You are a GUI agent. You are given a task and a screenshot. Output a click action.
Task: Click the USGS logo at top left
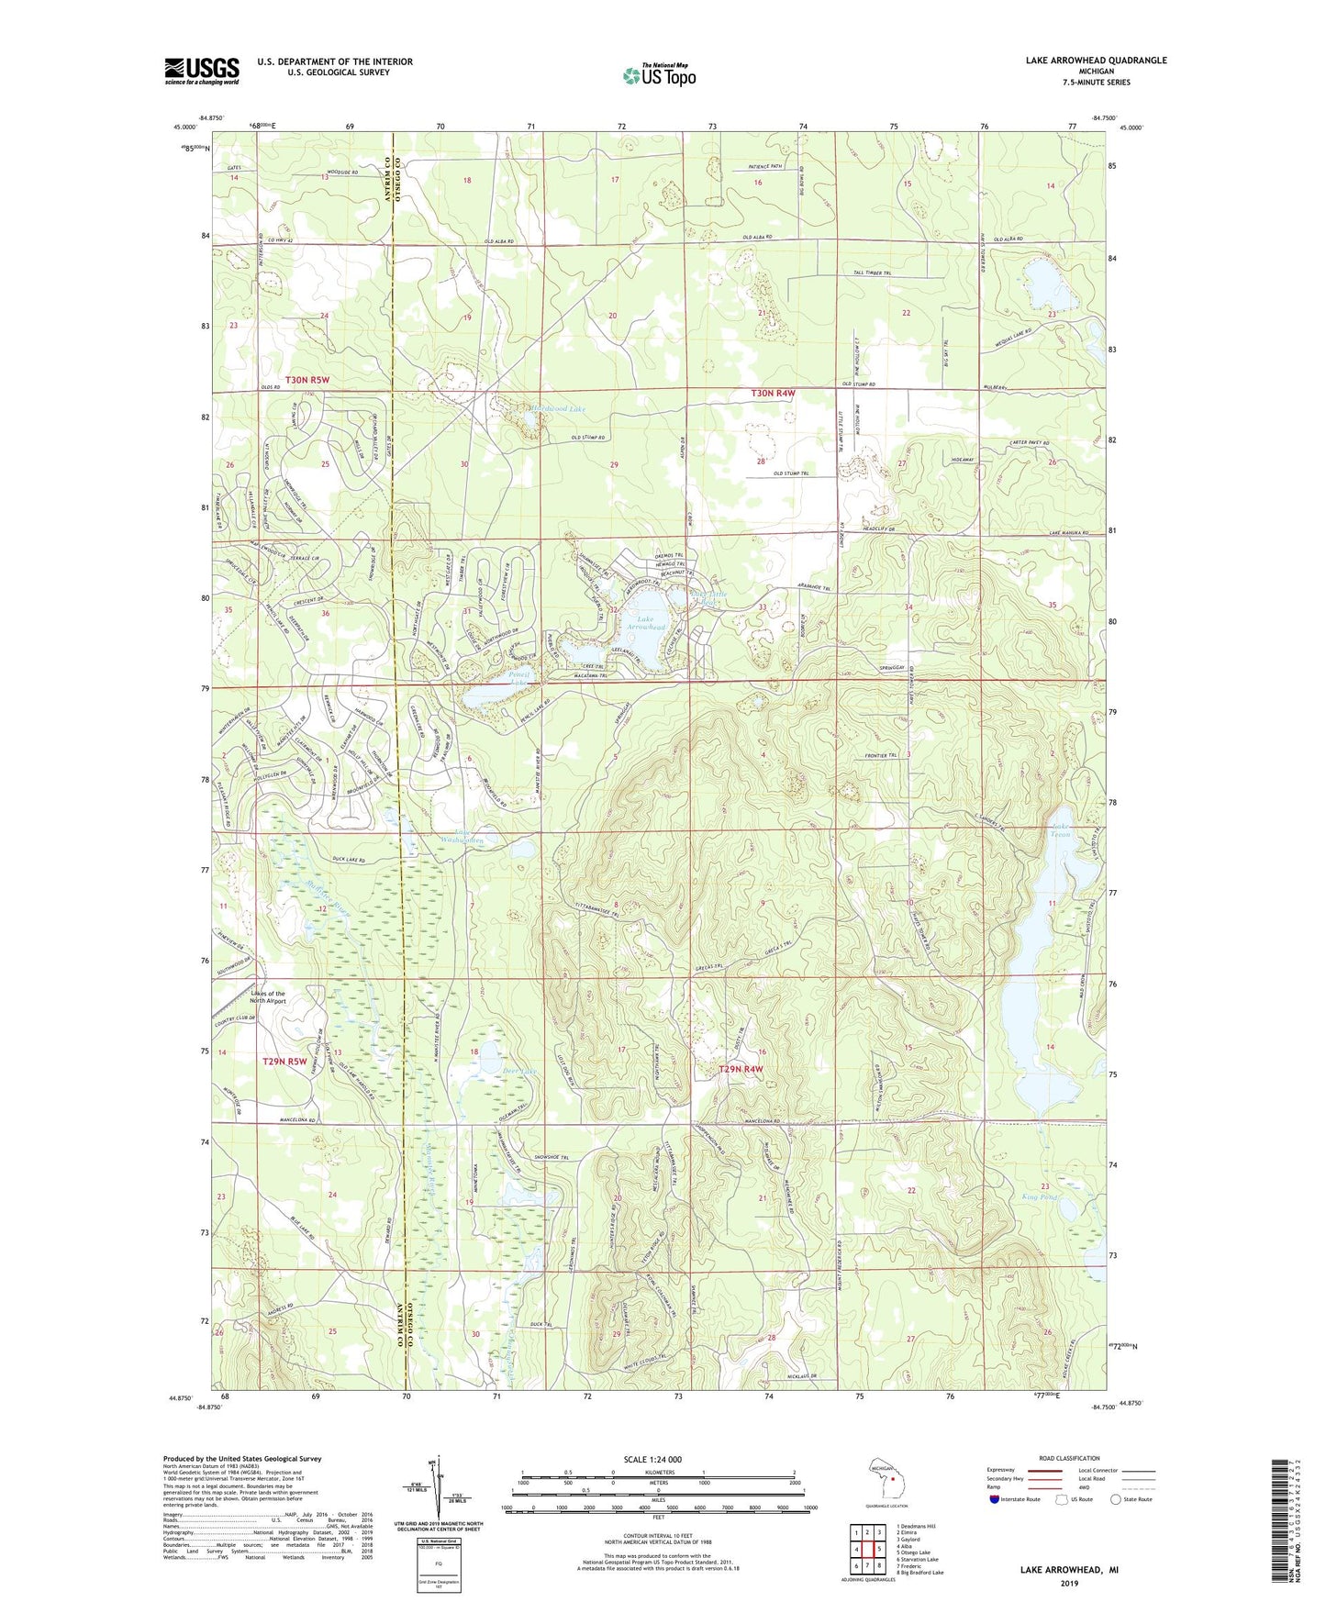[x=202, y=71]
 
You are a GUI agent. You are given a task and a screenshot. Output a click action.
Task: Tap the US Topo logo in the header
[x=658, y=75]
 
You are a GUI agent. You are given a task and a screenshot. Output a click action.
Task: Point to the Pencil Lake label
[x=519, y=679]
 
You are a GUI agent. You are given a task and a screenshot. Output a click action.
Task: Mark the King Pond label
[x=1039, y=1197]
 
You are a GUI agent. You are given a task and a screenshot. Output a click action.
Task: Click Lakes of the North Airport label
[x=268, y=997]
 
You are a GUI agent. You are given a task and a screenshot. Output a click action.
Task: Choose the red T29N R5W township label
[x=284, y=1062]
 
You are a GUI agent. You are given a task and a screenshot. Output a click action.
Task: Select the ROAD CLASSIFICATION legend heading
[x=1068, y=1458]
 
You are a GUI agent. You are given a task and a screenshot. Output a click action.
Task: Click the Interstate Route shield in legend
[x=997, y=1499]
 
